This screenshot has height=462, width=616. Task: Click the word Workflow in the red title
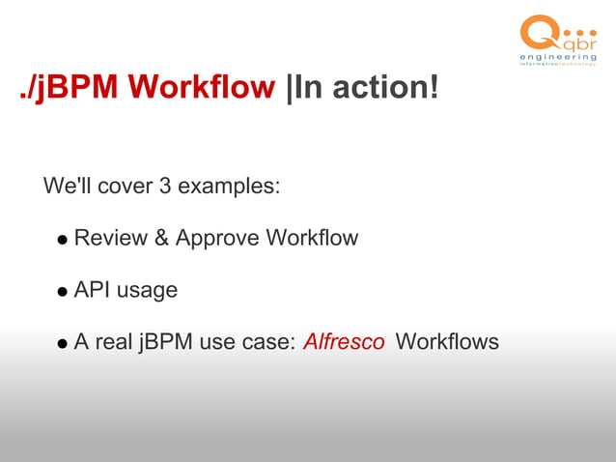pos(202,88)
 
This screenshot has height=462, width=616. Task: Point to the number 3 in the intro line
pos(166,185)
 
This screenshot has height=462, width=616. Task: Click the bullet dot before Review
pos(62,240)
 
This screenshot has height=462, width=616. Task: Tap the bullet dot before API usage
pos(62,292)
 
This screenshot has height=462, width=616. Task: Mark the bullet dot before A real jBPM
pos(62,343)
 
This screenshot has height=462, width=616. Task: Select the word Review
pos(110,238)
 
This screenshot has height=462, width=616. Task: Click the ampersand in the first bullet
pos(161,238)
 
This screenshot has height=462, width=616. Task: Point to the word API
pos(92,290)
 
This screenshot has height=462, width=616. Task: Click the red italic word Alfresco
pos(344,342)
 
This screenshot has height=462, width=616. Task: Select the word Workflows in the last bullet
pos(447,342)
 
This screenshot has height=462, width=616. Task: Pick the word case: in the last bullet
pos(268,342)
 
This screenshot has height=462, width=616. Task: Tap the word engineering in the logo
pos(558,60)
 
